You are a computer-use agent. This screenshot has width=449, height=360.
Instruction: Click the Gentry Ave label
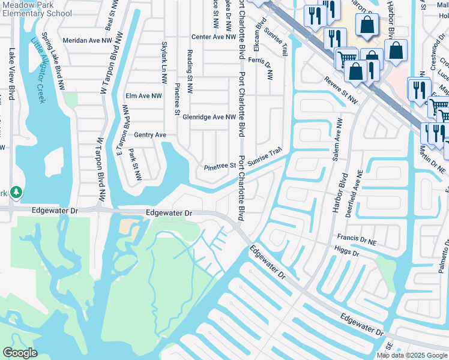149,135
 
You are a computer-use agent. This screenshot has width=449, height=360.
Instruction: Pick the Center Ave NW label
214,37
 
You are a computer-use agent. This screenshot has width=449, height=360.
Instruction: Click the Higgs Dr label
346,253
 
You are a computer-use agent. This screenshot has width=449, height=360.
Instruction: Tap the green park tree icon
17,192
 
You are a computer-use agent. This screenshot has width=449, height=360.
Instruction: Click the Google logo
20,353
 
